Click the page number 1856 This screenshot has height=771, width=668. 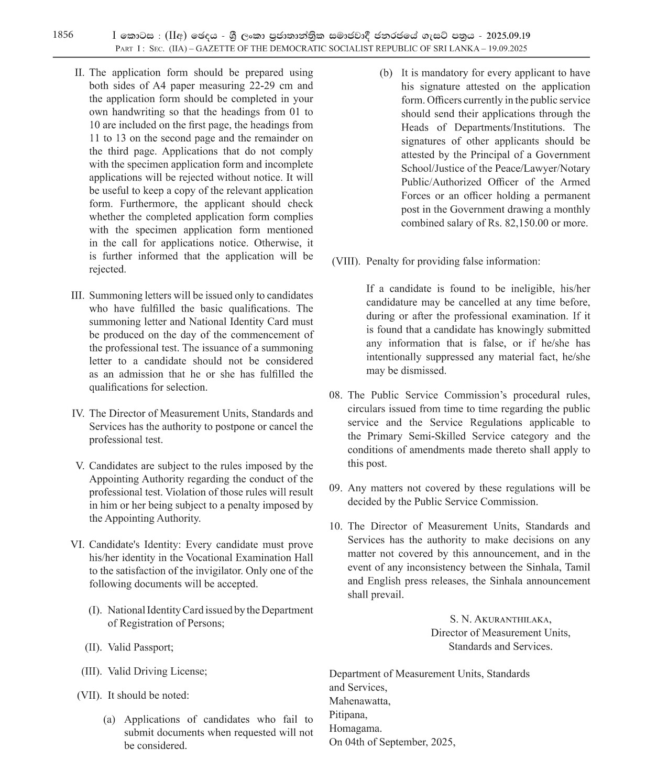pyautogui.click(x=63, y=35)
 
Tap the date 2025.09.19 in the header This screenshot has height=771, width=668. pyautogui.click(x=508, y=36)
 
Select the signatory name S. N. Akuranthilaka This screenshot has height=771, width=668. pyautogui.click(x=500, y=619)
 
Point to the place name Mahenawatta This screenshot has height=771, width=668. pyautogui.click(x=359, y=701)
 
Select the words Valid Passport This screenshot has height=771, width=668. pyautogui.click(x=140, y=647)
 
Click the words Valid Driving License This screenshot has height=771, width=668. pyautogui.click(x=157, y=671)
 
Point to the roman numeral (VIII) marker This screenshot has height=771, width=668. pyautogui.click(x=346, y=261)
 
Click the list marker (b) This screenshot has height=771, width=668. pyautogui.click(x=386, y=73)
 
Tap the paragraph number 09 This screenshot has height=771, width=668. pyautogui.click(x=336, y=488)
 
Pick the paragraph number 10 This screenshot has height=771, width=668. pyautogui.click(x=336, y=526)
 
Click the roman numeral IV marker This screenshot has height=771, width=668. pyautogui.click(x=78, y=414)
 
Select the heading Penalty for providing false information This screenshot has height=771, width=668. pyautogui.click(x=453, y=261)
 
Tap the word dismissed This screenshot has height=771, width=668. pyautogui.click(x=424, y=371)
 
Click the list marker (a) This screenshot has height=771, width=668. pyautogui.click(x=109, y=720)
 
